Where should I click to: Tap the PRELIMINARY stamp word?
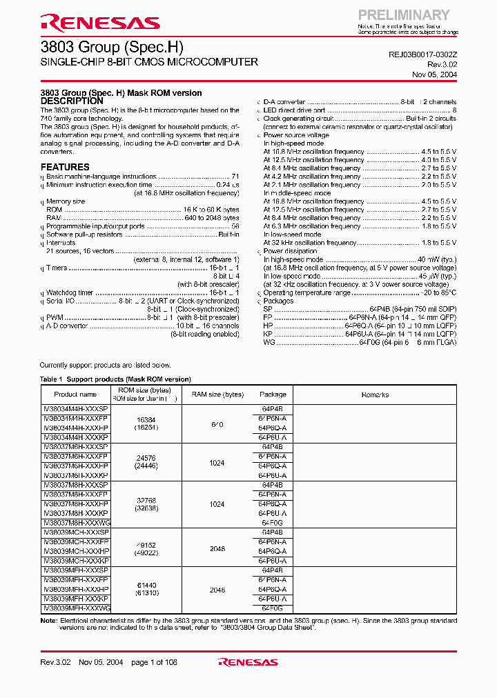[403, 14]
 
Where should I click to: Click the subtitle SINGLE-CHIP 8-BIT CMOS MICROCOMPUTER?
[149, 62]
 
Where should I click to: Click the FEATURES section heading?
[65, 167]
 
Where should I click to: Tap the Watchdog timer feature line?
[70, 292]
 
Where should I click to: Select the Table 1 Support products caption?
[115, 379]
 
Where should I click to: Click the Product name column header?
[75, 395]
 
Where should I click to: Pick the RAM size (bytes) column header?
[217, 395]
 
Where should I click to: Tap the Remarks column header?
[375, 395]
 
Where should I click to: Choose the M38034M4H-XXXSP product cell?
[76, 409]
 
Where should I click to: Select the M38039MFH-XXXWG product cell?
[76, 608]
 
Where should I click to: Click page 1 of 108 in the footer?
[154, 662]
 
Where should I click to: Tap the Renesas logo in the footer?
[248, 662]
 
